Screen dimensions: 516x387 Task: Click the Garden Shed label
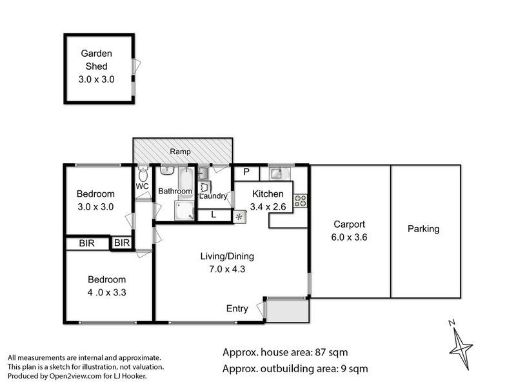[96, 59]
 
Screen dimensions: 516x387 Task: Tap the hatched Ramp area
[183, 151]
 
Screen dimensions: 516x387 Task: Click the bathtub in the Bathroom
[186, 183]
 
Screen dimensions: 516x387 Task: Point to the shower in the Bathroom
[184, 210]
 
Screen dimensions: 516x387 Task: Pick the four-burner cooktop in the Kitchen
[300, 201]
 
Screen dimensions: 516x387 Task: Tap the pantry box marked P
[246, 172]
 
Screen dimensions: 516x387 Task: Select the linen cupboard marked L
[214, 215]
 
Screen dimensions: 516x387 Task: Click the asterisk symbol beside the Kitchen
[239, 217]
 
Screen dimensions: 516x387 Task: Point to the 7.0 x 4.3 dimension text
[227, 269]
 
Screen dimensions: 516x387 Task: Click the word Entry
[237, 309]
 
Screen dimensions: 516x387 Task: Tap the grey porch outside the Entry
[287, 310]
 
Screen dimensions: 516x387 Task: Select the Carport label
[349, 224]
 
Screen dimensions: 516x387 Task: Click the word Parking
[424, 229]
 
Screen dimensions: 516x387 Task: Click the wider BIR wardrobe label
[87, 243]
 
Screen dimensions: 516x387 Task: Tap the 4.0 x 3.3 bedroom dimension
[106, 293]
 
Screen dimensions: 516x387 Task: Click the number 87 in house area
[321, 352]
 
